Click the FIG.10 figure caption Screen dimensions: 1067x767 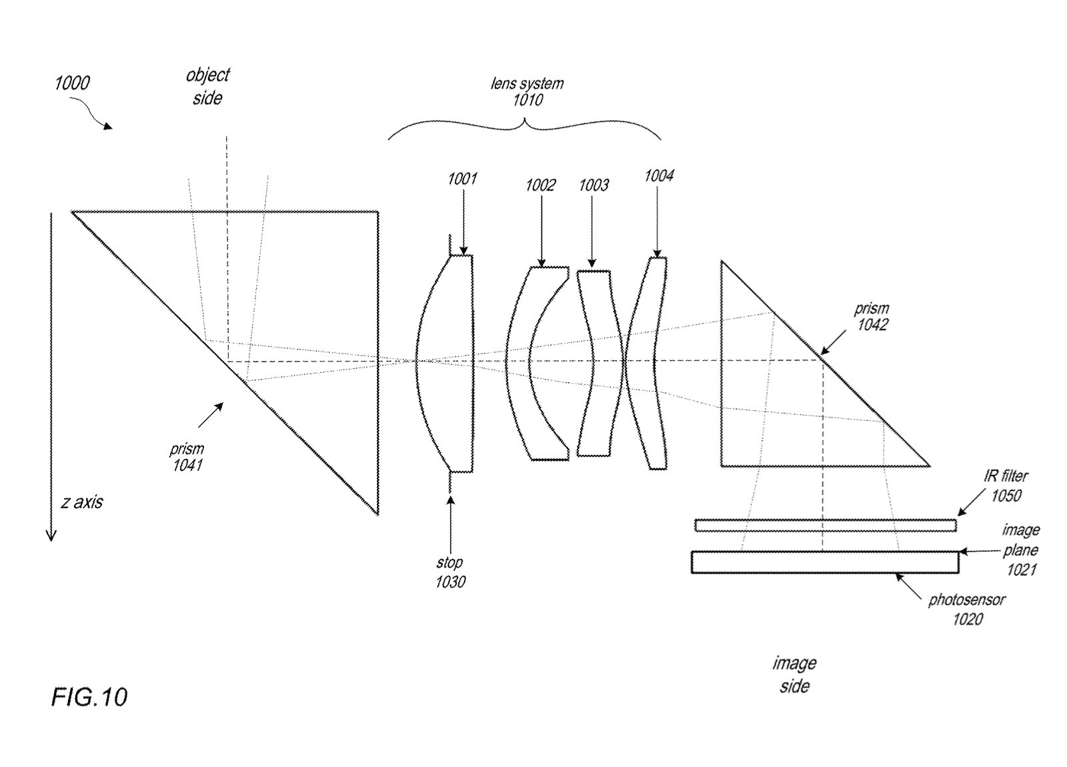tap(89, 698)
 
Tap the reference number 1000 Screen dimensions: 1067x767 tap(72, 83)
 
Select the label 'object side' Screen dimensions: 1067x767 tap(208, 86)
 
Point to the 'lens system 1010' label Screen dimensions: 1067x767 tap(527, 91)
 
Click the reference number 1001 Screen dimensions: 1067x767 tap(462, 179)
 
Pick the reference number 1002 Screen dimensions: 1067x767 tap(540, 185)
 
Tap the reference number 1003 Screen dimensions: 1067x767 tap(594, 185)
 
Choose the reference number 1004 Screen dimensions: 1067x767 tap(659, 176)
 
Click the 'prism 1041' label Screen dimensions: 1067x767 tap(187, 457)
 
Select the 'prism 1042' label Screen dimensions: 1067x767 tap(872, 317)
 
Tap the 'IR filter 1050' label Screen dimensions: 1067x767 tap(1006, 486)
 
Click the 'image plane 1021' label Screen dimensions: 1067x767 tap(1021, 550)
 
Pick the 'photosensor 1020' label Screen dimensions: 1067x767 tap(968, 610)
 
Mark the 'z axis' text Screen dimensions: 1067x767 tap(82, 503)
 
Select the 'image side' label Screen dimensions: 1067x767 tap(794, 674)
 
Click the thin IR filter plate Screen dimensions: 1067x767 tap(826, 526)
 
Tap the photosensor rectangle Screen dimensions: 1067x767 tap(825, 562)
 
